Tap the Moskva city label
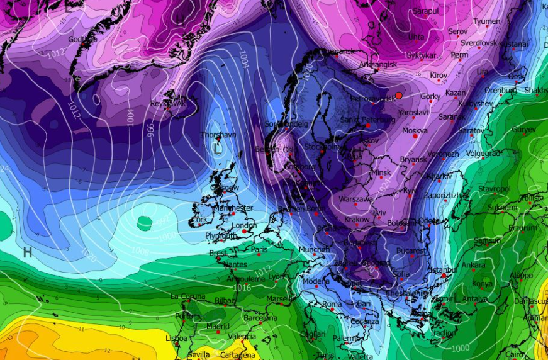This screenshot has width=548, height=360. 415,131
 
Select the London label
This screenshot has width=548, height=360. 244,225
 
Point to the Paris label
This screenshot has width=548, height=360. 259,249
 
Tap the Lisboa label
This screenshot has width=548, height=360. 176,339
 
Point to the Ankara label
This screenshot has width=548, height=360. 474,265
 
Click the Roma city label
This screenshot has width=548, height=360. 332,305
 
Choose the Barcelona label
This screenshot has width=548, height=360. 260,318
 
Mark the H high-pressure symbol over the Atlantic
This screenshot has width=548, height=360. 28,252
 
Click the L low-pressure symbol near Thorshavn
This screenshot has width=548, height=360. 217,149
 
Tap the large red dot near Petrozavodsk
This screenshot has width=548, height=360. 398,95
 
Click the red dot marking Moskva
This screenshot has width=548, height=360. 415,137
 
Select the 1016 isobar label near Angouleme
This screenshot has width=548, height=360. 240,288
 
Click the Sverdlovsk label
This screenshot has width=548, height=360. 479,43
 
